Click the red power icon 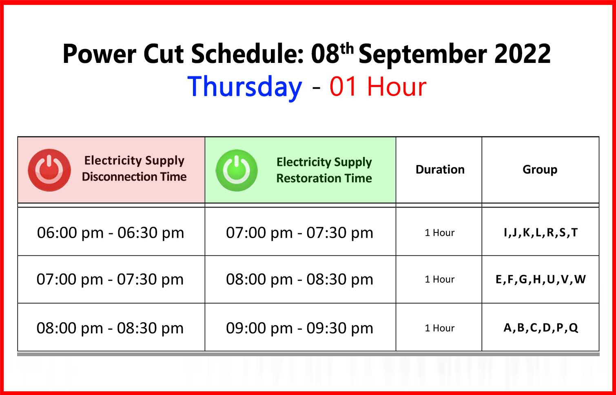[x=49, y=170]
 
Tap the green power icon [x=237, y=170]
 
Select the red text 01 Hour [x=378, y=87]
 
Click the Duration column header [x=440, y=170]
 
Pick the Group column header [x=540, y=170]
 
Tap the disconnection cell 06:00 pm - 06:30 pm [x=111, y=233]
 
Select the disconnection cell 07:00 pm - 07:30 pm [x=110, y=279]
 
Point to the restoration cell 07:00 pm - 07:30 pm [x=299, y=233]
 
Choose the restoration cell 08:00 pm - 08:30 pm [x=299, y=279]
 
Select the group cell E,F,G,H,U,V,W [x=541, y=279]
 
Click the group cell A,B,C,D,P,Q [x=541, y=328]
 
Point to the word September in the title [x=423, y=55]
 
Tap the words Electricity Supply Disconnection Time [x=134, y=169]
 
